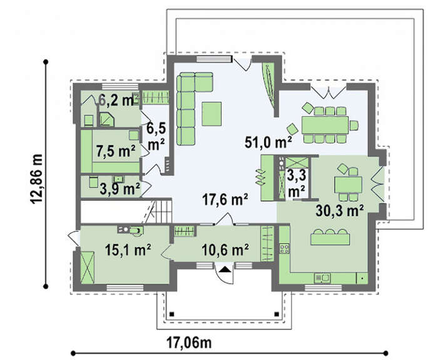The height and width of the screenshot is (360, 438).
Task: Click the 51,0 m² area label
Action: (268, 141)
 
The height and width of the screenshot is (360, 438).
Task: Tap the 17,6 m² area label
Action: (225, 200)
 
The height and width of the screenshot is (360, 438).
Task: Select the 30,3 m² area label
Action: (340, 210)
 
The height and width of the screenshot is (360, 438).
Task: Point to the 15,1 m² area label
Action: (128, 250)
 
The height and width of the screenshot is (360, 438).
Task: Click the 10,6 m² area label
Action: (225, 250)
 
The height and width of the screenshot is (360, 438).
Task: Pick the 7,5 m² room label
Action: (115, 151)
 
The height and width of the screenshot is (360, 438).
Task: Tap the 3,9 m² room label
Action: (120, 189)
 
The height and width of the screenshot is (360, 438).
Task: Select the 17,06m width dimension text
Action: (189, 342)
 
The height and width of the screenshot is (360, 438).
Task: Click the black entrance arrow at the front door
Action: (226, 269)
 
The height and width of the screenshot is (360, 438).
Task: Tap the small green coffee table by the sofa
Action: (212, 114)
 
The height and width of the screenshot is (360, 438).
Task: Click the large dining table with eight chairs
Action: (325, 125)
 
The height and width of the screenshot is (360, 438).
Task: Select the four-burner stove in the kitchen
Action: (284, 248)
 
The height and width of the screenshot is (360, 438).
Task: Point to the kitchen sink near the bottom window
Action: (322, 278)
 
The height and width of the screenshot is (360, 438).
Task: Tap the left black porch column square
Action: (172, 314)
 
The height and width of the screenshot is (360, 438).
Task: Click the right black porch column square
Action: (277, 314)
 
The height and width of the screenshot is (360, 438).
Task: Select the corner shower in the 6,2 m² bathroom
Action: (107, 120)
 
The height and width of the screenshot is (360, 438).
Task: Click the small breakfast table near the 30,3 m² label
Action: (348, 185)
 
